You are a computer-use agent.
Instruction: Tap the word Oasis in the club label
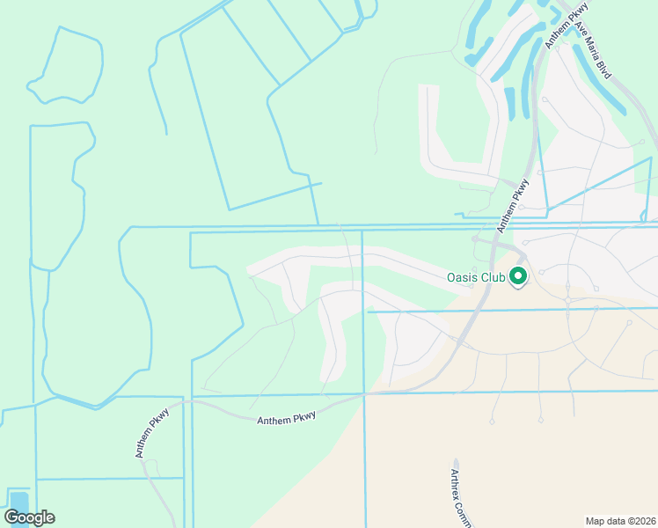click(463, 277)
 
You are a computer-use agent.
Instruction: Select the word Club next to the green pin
click(493, 277)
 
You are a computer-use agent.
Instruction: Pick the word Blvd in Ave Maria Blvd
click(603, 68)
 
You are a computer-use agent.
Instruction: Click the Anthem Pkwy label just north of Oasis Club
click(512, 206)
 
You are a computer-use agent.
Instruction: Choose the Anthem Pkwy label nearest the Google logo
click(151, 432)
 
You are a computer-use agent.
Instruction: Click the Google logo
click(29, 517)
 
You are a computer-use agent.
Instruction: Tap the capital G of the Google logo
click(11, 517)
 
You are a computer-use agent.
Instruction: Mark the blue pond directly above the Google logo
click(18, 500)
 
